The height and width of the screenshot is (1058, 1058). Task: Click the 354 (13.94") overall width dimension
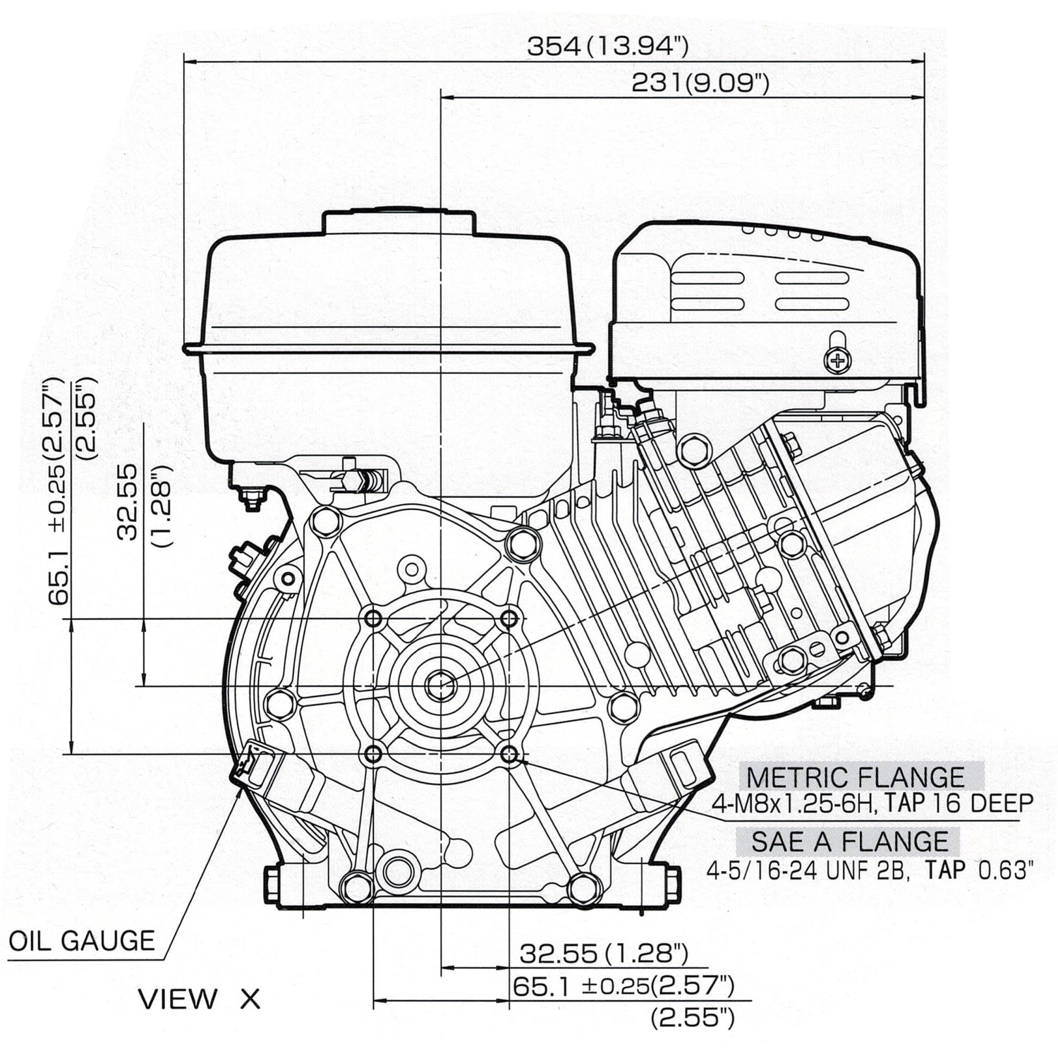tap(607, 47)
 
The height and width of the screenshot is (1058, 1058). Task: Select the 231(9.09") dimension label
tap(699, 83)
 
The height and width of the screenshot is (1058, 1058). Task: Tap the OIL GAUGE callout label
tap(82, 941)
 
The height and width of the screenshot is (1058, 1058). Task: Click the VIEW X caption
tap(200, 999)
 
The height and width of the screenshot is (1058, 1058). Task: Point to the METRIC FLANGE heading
tap(855, 777)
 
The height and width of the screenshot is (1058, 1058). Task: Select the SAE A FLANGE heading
tap(849, 841)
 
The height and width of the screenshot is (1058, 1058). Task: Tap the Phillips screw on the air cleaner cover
tap(837, 361)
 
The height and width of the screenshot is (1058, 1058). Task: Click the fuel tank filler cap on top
tap(399, 220)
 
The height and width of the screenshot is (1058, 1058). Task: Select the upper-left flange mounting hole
tap(373, 619)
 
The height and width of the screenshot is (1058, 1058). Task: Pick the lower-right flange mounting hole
tap(509, 753)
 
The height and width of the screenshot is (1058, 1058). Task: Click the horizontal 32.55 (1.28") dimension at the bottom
tap(603, 954)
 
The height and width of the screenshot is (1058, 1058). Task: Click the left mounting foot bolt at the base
tap(272, 884)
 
